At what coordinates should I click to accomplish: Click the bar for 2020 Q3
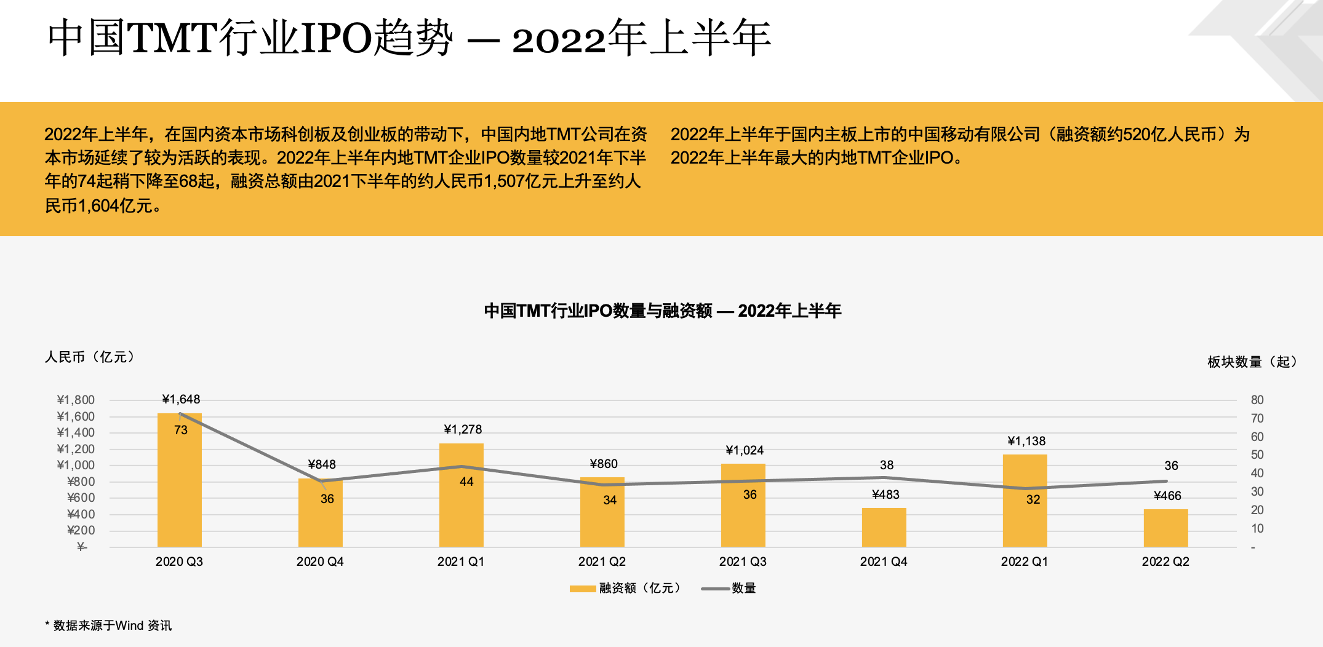(x=179, y=480)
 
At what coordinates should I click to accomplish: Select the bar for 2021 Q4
(x=884, y=527)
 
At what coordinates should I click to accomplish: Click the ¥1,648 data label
(x=181, y=399)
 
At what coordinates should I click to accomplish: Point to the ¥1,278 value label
(x=463, y=429)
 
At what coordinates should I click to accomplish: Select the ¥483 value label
(x=885, y=494)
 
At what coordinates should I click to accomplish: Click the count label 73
(x=180, y=430)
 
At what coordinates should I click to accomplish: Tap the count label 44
(x=466, y=482)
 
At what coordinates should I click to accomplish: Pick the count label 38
(x=886, y=465)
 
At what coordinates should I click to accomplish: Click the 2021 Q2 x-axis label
(x=602, y=562)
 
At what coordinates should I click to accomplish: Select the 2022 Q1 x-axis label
(x=1025, y=562)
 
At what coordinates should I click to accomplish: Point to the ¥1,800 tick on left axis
(x=76, y=400)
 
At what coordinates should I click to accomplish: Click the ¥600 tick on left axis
(x=81, y=498)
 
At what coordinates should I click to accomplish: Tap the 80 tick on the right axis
(x=1257, y=400)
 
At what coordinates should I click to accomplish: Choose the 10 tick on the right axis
(x=1257, y=528)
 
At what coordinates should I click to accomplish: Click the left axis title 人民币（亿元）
(x=90, y=357)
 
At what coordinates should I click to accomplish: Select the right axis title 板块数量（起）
(x=1252, y=362)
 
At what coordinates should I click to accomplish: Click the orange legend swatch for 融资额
(x=582, y=589)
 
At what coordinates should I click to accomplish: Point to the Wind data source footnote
(x=108, y=625)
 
